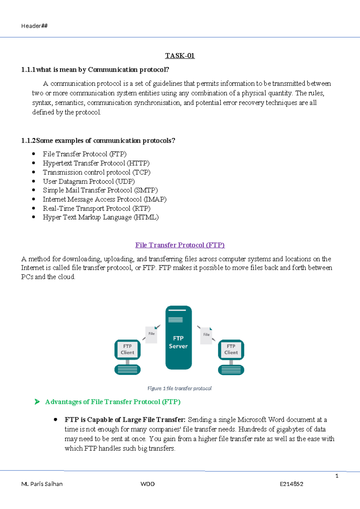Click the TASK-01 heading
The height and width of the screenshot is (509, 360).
click(x=180, y=56)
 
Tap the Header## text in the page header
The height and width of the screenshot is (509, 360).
click(x=34, y=26)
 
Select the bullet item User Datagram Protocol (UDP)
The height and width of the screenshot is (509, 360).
click(x=88, y=182)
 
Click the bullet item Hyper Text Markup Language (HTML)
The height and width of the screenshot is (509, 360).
click(x=100, y=217)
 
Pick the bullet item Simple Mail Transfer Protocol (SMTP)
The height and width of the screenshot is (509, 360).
click(x=100, y=190)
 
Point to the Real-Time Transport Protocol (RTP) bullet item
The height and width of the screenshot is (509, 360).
click(x=96, y=209)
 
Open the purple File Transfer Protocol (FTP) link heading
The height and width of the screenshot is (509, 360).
click(x=180, y=245)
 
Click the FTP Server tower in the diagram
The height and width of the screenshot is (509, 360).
click(x=178, y=338)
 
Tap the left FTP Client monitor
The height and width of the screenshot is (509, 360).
click(x=127, y=350)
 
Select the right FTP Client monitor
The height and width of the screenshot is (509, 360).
click(x=231, y=350)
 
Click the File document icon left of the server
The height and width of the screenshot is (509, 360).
click(x=151, y=335)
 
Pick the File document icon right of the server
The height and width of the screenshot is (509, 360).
click(x=206, y=336)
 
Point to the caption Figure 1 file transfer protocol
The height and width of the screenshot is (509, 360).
click(x=179, y=388)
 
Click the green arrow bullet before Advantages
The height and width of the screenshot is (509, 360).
click(x=37, y=402)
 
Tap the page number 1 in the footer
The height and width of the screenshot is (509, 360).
click(x=337, y=476)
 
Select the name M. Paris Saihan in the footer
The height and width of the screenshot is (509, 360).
click(x=42, y=484)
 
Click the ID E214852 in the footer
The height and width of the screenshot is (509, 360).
click(x=291, y=484)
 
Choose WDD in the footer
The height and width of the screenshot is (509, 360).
click(x=148, y=484)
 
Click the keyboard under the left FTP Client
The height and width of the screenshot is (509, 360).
click(x=127, y=370)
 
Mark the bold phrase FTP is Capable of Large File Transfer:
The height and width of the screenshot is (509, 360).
click(x=125, y=420)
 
